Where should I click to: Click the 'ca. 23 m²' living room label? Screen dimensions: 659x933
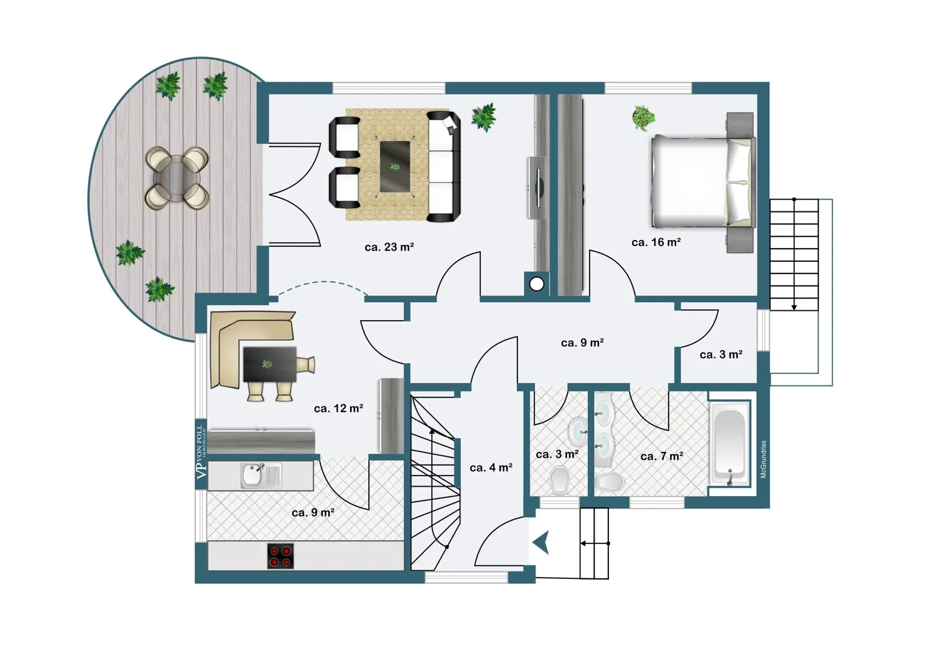pyautogui.click(x=389, y=247)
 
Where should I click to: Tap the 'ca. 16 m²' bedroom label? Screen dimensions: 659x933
pyautogui.click(x=656, y=242)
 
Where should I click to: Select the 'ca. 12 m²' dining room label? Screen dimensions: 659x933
pyautogui.click(x=338, y=408)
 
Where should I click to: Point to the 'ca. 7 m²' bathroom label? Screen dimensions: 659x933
pyautogui.click(x=662, y=456)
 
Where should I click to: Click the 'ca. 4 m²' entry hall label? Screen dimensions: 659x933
pyautogui.click(x=491, y=468)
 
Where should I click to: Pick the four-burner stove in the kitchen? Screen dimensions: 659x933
pyautogui.click(x=281, y=556)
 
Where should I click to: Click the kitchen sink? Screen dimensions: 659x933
pyautogui.click(x=253, y=476)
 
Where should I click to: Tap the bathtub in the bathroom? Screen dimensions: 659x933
pyautogui.click(x=730, y=443)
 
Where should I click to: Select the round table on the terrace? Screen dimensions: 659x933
pyautogui.click(x=177, y=178)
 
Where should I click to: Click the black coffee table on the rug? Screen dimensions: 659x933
pyautogui.click(x=395, y=166)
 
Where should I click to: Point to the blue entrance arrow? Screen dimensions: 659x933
pyautogui.click(x=541, y=543)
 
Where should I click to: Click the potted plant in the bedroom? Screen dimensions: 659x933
pyautogui.click(x=644, y=117)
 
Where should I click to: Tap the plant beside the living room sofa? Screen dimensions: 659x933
pyautogui.click(x=483, y=116)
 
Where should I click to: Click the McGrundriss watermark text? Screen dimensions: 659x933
pyautogui.click(x=764, y=459)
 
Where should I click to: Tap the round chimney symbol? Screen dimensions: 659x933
pyautogui.click(x=536, y=284)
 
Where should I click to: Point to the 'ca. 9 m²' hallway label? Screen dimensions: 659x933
pyautogui.click(x=582, y=343)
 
